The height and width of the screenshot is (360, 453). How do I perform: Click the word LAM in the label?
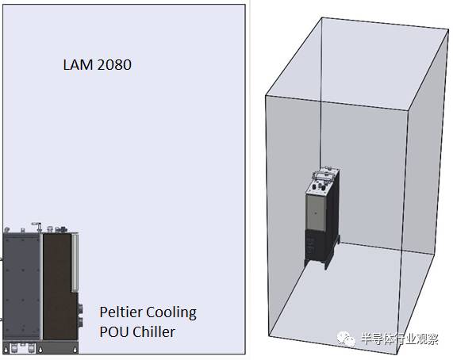click(x=79, y=65)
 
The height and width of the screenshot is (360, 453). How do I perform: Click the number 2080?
click(x=114, y=65)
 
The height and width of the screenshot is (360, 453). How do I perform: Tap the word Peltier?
click(x=121, y=312)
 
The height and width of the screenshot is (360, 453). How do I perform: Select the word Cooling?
click(x=171, y=313)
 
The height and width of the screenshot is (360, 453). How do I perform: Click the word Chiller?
click(x=154, y=331)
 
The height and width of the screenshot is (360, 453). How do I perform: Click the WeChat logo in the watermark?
click(x=346, y=339)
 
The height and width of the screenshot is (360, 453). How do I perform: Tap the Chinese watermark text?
click(x=400, y=339)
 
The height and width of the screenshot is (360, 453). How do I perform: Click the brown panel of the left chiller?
click(x=60, y=286)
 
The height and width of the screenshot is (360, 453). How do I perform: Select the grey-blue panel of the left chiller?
click(x=21, y=286)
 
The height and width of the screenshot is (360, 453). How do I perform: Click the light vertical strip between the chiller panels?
click(x=41, y=286)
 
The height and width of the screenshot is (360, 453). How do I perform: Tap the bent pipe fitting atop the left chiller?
click(x=36, y=227)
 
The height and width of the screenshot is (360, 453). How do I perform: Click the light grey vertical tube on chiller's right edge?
click(x=75, y=262)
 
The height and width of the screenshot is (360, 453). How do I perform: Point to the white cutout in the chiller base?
click(x=22, y=348)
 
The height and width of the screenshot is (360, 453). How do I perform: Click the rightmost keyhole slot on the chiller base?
click(x=75, y=350)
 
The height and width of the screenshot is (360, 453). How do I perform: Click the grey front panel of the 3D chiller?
click(x=316, y=213)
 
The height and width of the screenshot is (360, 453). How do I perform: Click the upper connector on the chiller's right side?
click(x=80, y=308)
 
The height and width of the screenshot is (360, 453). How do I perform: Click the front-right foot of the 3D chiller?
click(x=327, y=265)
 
